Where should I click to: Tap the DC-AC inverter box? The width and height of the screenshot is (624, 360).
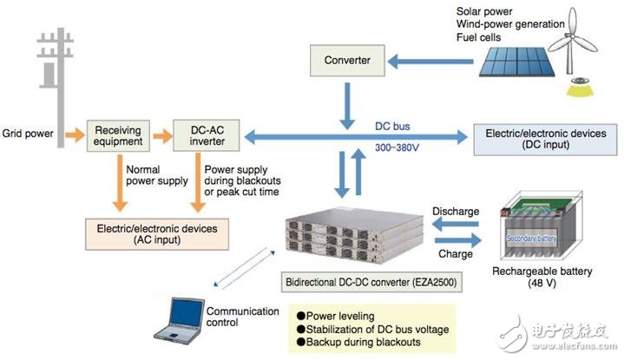(203, 136)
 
